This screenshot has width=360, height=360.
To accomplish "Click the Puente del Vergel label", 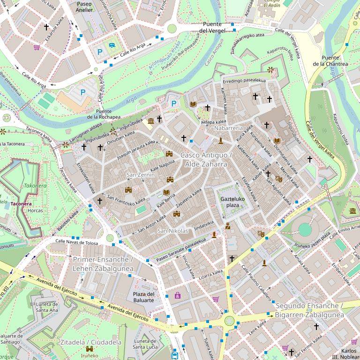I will tap(213, 27).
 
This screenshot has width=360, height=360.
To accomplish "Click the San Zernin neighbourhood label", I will tap(141, 175).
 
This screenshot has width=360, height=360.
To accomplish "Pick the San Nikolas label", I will tap(172, 231).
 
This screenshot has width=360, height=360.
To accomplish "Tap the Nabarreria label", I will tap(228, 127).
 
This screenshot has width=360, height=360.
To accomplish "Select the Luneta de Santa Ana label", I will tap(47, 307).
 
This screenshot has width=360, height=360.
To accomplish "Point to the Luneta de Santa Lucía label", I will tap(145, 344).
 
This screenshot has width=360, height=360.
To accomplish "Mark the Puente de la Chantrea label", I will tap(334, 60).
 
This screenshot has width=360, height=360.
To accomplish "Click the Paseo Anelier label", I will tap(84, 6).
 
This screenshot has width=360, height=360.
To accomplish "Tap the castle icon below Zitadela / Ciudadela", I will tap(89, 349).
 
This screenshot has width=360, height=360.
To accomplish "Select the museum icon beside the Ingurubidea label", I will tap(150, 121).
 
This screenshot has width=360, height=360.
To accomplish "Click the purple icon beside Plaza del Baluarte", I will tap(178, 295).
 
